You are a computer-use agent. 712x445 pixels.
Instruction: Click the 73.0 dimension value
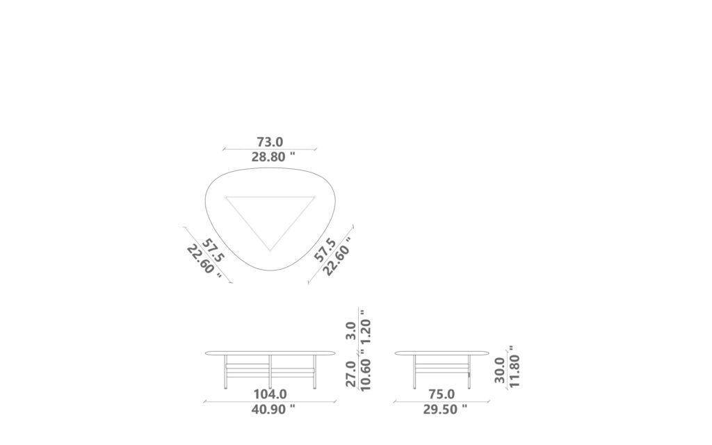tap(269, 141)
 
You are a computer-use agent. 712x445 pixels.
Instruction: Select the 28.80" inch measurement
tap(273, 157)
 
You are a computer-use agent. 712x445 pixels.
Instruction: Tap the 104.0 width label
tap(269, 394)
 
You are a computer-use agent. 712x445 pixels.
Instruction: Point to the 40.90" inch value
tap(273, 410)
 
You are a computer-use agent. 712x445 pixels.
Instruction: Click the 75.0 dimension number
tap(441, 394)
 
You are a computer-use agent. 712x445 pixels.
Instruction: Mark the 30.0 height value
tap(500, 371)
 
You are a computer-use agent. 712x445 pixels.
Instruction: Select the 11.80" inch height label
tap(515, 366)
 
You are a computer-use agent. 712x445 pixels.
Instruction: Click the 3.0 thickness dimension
tap(351, 330)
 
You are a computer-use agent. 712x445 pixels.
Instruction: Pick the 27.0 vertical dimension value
tap(351, 374)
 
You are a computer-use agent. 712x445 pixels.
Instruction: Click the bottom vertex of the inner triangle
tap(270, 250)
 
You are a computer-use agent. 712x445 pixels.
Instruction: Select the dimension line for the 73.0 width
tap(269, 149)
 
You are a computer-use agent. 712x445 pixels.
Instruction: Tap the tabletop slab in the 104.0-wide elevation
tap(269, 353)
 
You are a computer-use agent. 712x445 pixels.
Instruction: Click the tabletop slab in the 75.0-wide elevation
tap(441, 353)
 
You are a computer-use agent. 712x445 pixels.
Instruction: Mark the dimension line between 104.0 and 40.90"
tap(269, 402)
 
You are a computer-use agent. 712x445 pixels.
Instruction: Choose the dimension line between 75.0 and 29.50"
tap(441, 402)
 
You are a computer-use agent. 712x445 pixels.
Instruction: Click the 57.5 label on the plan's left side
tap(213, 251)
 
